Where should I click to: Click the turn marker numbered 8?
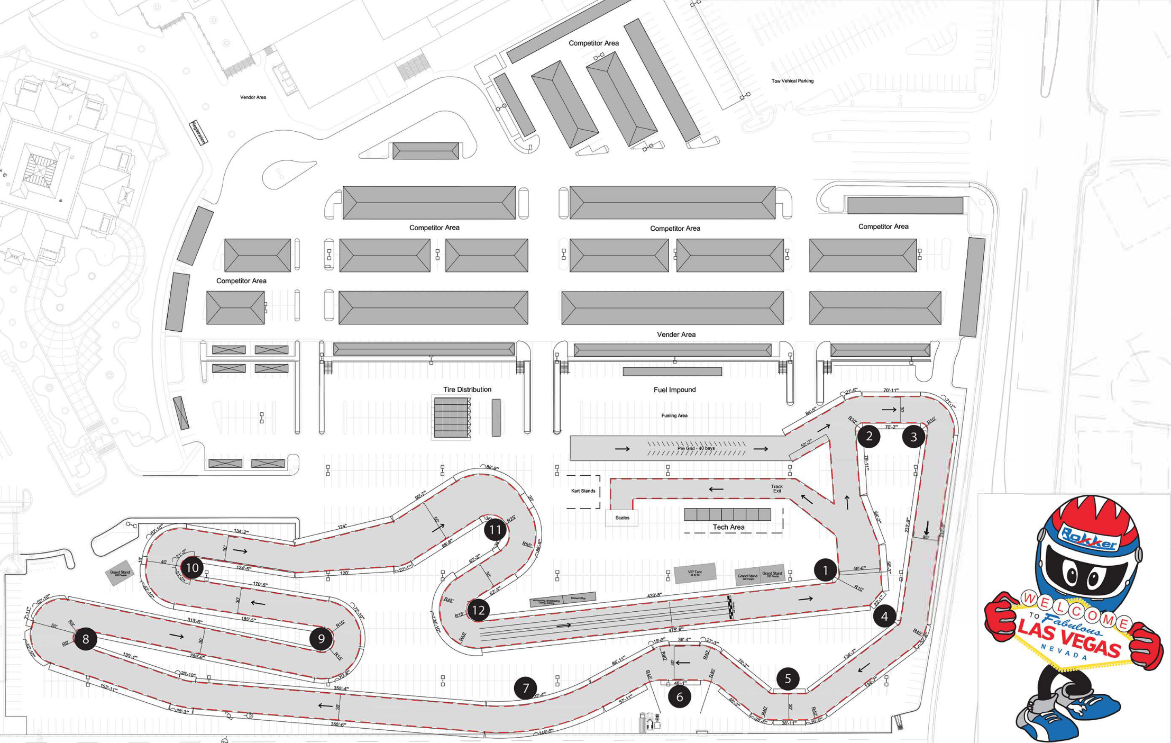pyautogui.click(x=86, y=639)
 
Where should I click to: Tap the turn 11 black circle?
pyautogui.click(x=495, y=529)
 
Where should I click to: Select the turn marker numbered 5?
pyautogui.click(x=788, y=678)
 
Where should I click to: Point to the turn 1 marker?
pyautogui.click(x=825, y=570)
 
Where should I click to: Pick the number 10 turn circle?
pyautogui.click(x=192, y=568)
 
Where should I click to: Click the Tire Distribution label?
pyautogui.click(x=467, y=389)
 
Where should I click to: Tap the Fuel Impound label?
pyautogui.click(x=674, y=390)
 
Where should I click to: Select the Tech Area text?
pyautogui.click(x=728, y=527)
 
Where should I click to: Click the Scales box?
pyautogui.click(x=622, y=518)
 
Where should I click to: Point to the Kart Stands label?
pyautogui.click(x=583, y=491)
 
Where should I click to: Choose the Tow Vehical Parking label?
pyautogui.click(x=792, y=81)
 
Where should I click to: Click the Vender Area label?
pyautogui.click(x=676, y=334)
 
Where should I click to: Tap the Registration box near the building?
pyautogui.click(x=198, y=132)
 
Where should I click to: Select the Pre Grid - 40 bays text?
pyautogui.click(x=696, y=448)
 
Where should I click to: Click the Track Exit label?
pyautogui.click(x=776, y=488)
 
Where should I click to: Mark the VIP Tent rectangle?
pyautogui.click(x=695, y=573)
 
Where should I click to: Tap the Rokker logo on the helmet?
pyautogui.click(x=1089, y=539)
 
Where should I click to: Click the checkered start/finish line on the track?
pyautogui.click(x=731, y=607)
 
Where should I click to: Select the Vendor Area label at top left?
pyautogui.click(x=253, y=97)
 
